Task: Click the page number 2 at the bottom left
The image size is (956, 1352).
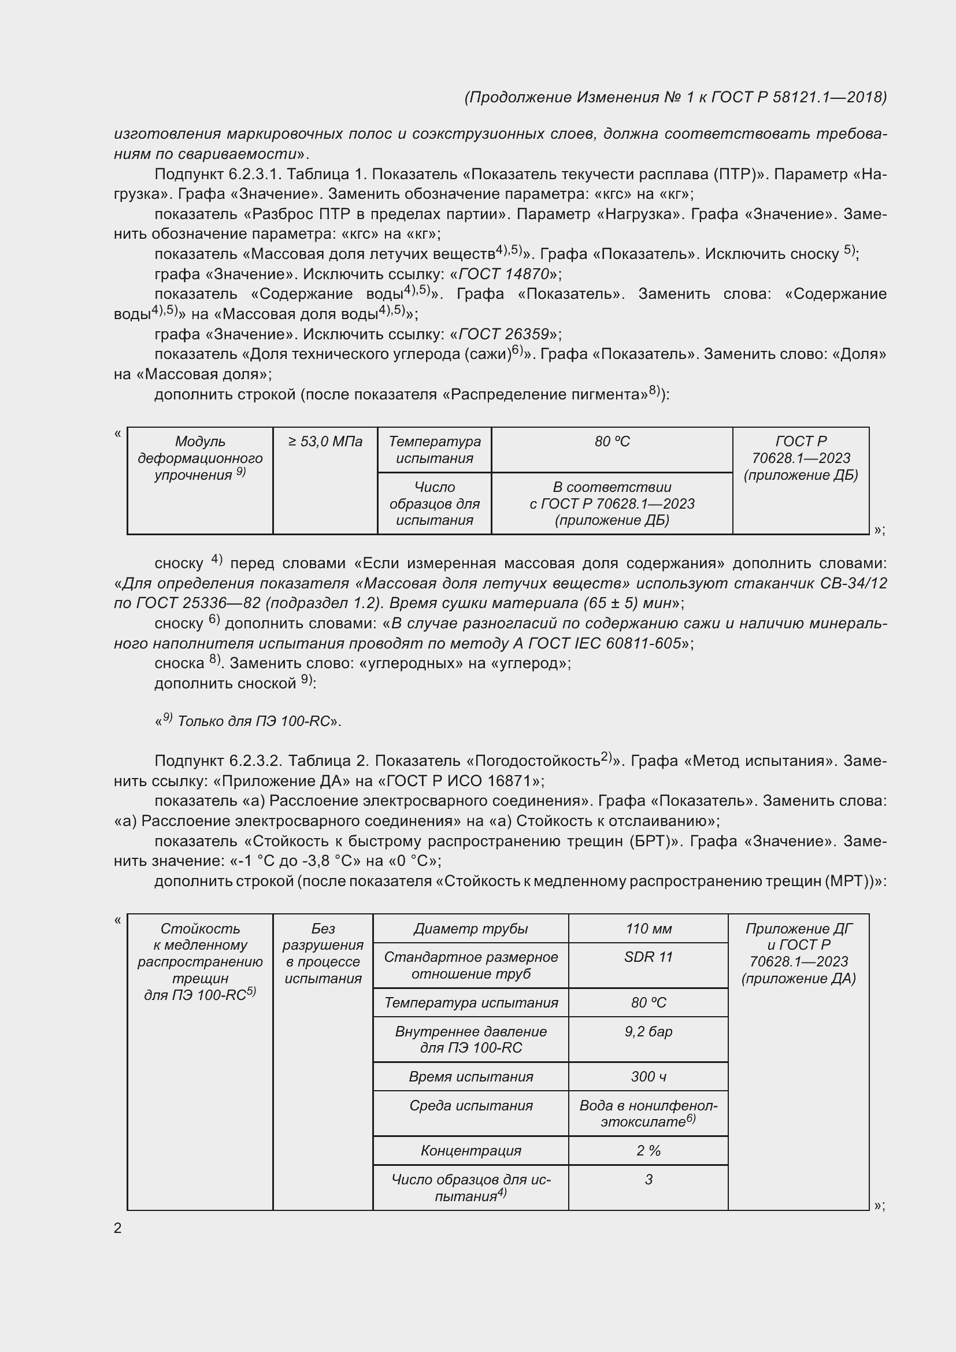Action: [x=118, y=1228]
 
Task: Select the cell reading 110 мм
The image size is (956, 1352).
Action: [x=648, y=929]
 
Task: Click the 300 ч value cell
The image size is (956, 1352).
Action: [x=648, y=1076]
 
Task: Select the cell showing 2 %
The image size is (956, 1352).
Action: [x=648, y=1150]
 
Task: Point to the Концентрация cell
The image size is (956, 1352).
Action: [x=470, y=1150]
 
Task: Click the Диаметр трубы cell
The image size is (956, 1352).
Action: [x=470, y=929]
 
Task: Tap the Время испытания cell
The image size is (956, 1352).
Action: [x=470, y=1076]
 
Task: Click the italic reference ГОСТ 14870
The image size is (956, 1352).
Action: [x=503, y=274]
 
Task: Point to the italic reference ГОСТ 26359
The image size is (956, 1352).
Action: [x=503, y=335]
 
